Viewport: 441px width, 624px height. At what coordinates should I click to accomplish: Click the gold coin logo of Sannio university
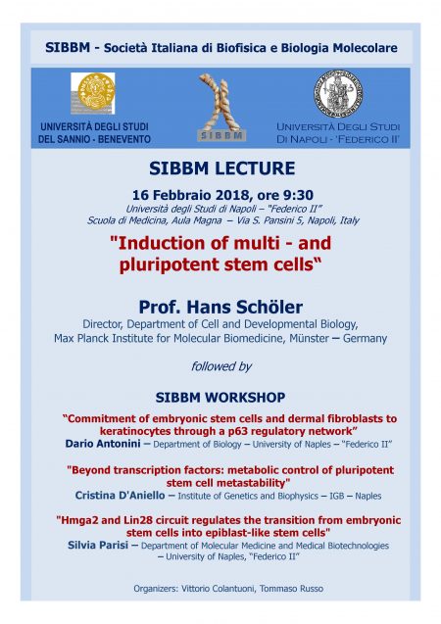pos(93,93)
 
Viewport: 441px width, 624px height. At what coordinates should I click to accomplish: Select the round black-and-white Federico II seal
pos(338,93)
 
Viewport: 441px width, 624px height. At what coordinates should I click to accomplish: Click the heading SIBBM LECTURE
pos(222,168)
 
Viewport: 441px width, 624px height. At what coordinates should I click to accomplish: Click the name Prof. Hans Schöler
pos(220,308)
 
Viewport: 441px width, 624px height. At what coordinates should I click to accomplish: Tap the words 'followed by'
pos(221,366)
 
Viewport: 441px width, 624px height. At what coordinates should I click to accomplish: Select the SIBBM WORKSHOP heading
pos(220,397)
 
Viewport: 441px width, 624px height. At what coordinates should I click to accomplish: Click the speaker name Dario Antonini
pos(103,444)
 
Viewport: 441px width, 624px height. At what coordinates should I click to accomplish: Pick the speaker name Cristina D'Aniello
pos(120,496)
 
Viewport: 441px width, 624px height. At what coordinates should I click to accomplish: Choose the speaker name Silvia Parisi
pos(98,545)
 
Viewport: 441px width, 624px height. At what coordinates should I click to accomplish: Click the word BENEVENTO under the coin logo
pos(124,139)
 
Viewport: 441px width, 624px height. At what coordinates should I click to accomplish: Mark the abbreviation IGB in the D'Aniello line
pos(337,496)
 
